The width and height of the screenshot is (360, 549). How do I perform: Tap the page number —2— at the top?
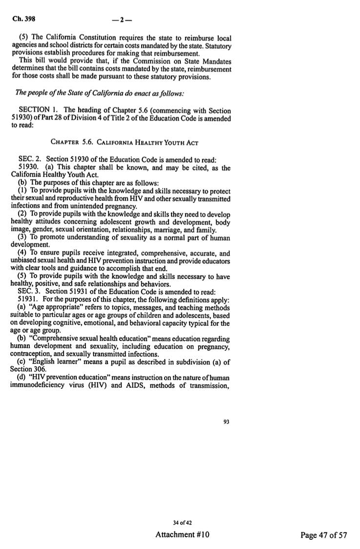119,21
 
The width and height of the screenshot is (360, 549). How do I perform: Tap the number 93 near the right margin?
226,422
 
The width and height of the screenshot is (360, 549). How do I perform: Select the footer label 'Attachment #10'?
182,534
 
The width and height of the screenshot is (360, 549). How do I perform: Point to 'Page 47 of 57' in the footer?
323,535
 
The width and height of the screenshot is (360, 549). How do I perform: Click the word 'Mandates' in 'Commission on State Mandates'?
215,61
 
